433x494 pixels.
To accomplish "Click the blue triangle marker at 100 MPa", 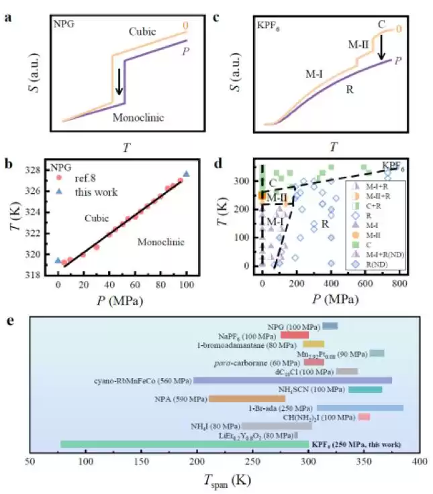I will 186,174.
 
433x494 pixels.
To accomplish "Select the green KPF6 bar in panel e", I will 185,444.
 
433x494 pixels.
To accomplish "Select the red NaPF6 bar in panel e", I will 295,335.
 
